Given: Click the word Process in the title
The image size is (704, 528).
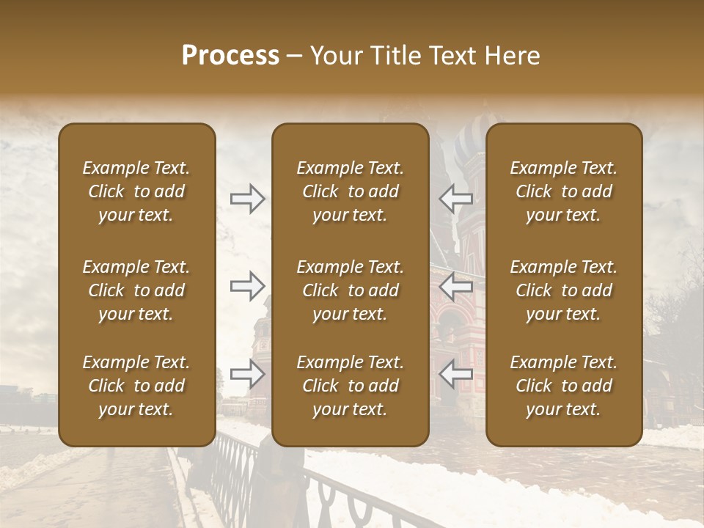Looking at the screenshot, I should (230, 56).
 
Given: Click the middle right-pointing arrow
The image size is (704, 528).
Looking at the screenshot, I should (248, 286).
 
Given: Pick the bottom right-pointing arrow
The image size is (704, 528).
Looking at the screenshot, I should (248, 374).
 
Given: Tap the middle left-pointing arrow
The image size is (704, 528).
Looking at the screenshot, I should (456, 286).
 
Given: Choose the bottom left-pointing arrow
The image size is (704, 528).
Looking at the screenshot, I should (456, 374).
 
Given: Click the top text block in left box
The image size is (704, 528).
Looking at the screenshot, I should (136, 191).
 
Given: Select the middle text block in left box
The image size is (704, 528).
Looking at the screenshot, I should (136, 290).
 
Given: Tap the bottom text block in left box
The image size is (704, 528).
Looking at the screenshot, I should (136, 386).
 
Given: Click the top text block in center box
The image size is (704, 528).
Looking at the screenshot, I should (351, 191).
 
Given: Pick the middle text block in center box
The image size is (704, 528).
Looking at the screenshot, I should (351, 290).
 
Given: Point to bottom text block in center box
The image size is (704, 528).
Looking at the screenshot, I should (351, 386).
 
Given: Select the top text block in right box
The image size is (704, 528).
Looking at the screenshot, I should (564, 191).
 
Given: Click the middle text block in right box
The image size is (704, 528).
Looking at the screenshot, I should (564, 290).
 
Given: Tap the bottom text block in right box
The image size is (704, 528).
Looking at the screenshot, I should (564, 386).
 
